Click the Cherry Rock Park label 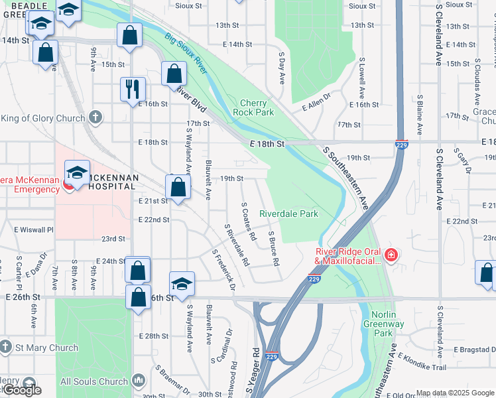[x=253, y=107]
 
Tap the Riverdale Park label [x=288, y=214]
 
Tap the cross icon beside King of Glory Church [x=95, y=118]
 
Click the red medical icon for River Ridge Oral [x=391, y=255]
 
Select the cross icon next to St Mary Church [x=5, y=347]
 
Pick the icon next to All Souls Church [x=138, y=381]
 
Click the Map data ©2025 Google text [x=455, y=393]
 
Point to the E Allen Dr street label [x=316, y=107]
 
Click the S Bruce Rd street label [x=273, y=245]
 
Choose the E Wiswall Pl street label [x=33, y=230]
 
